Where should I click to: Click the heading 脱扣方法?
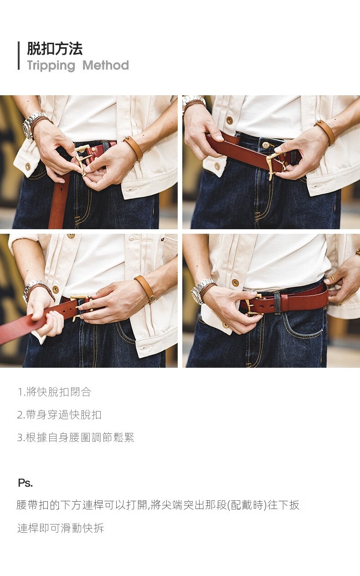[x=55, y=49]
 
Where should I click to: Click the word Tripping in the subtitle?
[x=51, y=66]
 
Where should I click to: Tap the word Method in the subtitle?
[x=106, y=65]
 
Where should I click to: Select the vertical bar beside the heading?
[x=19, y=56]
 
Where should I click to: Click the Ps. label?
[x=25, y=483]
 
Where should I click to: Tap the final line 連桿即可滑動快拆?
[x=61, y=528]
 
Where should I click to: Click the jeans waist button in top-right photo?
[x=266, y=145]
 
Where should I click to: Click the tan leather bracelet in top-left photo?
[x=133, y=148]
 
